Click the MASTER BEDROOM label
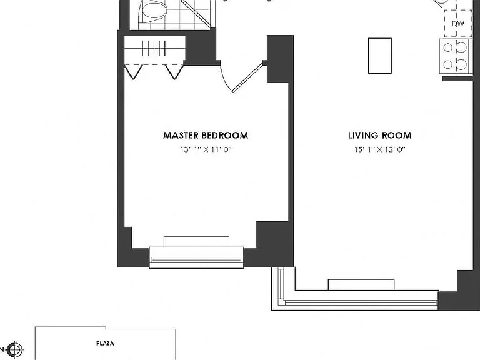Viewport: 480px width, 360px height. (x=206, y=135)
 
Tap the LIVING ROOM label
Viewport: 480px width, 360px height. (x=379, y=135)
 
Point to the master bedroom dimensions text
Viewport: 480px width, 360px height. (x=206, y=149)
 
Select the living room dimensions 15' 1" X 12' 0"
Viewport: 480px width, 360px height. (x=380, y=149)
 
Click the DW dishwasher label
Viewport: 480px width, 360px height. (x=458, y=24)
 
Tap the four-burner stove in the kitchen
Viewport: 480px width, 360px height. (x=454, y=56)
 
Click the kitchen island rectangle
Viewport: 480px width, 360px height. (x=380, y=56)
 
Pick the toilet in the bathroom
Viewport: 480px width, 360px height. (x=152, y=11)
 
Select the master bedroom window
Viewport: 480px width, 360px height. (x=196, y=257)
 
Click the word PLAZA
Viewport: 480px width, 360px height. (x=105, y=344)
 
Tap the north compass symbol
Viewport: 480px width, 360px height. (x=15, y=349)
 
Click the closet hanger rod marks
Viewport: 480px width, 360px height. (x=154, y=48)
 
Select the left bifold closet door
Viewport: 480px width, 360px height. (x=133, y=72)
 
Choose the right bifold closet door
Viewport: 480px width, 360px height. (x=174, y=72)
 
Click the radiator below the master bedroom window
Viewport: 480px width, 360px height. (x=196, y=242)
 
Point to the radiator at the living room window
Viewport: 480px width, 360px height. (x=361, y=285)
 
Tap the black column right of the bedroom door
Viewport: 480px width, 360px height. (x=280, y=59)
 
